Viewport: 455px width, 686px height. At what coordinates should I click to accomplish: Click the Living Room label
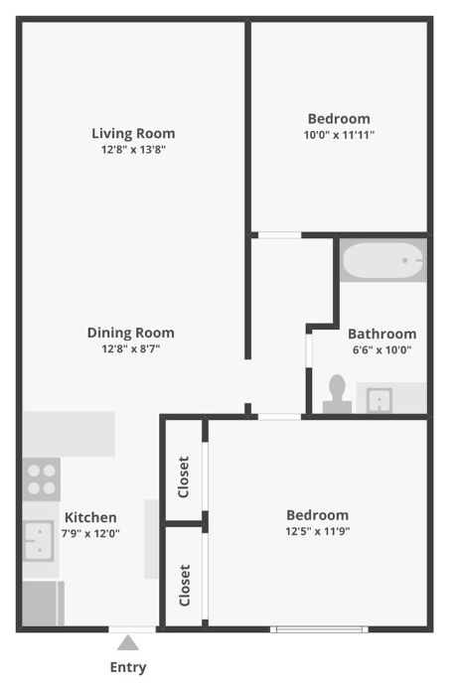(x=133, y=133)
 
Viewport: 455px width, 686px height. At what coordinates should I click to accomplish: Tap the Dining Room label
(x=130, y=334)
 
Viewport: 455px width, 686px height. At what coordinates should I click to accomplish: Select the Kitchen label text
(x=90, y=517)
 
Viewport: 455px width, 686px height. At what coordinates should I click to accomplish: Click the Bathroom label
(x=381, y=334)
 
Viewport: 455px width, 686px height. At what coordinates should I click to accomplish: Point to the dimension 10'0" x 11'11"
(x=340, y=135)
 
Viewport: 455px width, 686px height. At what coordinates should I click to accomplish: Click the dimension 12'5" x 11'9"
(x=317, y=531)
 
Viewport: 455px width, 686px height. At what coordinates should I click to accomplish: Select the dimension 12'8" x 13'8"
(x=133, y=150)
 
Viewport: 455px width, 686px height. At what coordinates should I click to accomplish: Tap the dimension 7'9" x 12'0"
(x=90, y=533)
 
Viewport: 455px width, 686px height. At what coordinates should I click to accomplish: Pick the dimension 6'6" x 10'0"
(x=381, y=349)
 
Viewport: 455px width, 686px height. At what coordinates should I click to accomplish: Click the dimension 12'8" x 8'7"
(x=130, y=349)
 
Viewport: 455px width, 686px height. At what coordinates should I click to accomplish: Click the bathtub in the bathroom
(x=383, y=261)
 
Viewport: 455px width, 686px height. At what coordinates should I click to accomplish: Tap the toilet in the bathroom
(x=337, y=394)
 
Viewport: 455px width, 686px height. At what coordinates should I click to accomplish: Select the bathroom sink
(x=379, y=399)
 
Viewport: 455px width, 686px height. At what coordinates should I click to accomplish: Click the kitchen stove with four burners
(x=42, y=479)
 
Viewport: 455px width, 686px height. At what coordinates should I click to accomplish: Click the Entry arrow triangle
(x=128, y=643)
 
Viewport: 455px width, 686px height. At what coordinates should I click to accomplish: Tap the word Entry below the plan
(x=128, y=667)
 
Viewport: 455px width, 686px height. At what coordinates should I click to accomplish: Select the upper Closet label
(x=184, y=477)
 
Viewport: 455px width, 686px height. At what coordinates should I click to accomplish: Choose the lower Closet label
(x=184, y=585)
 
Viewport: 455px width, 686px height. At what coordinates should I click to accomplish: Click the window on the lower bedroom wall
(x=320, y=628)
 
